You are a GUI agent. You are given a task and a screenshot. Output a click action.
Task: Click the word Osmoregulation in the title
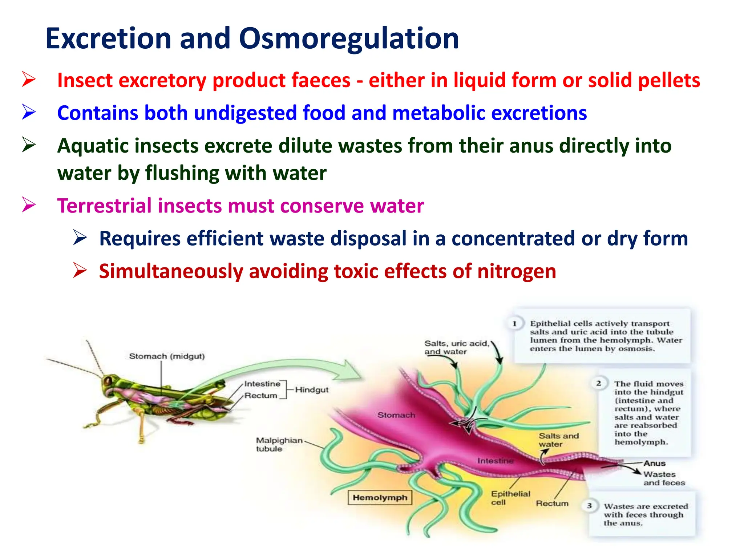[349, 39]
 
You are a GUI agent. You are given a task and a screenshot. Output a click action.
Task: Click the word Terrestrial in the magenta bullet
[104, 206]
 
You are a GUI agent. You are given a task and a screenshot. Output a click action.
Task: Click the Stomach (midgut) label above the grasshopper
[167, 356]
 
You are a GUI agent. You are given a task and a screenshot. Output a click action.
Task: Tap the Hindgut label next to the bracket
[312, 390]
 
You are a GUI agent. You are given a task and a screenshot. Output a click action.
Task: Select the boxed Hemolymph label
[380, 498]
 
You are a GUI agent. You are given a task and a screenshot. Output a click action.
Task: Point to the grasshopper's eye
[108, 381]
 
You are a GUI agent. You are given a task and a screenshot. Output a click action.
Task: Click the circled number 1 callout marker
[514, 324]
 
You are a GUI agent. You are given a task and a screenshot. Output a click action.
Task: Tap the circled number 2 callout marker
[598, 383]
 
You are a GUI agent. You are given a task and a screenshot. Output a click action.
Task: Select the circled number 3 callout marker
[589, 506]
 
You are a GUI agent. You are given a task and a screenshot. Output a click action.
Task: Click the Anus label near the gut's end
[654, 463]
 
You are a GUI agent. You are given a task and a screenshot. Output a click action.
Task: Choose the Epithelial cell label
[510, 498]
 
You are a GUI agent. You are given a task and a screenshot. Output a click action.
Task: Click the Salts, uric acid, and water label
[456, 347]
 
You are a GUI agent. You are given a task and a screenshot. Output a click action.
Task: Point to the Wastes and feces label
[664, 478]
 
